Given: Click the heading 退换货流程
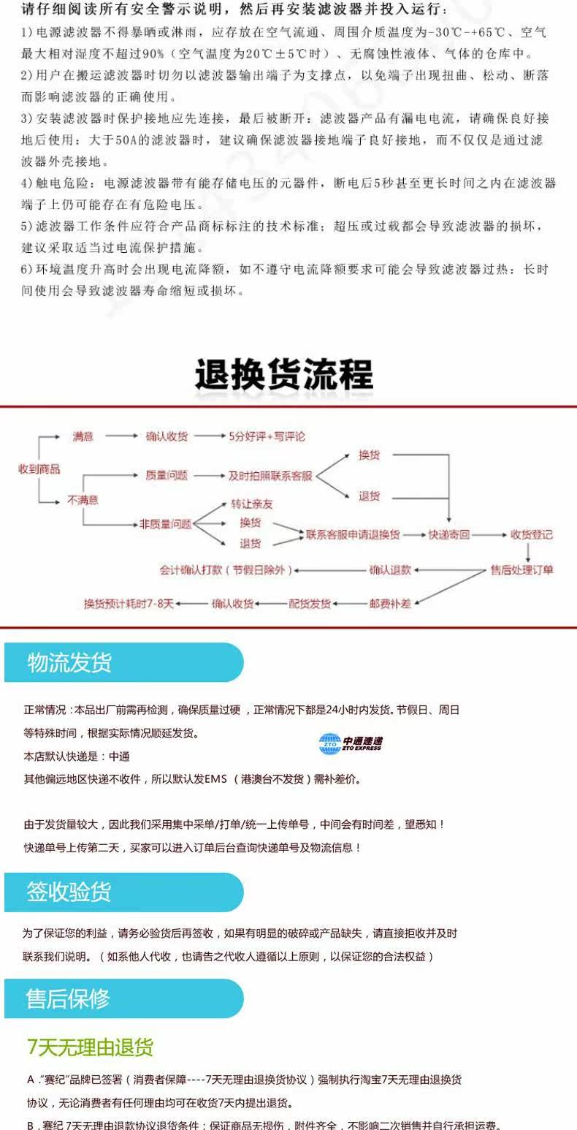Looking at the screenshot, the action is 283,375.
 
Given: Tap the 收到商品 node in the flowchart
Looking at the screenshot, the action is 39,469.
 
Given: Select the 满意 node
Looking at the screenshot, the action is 83,436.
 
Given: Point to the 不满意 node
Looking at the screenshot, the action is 83,500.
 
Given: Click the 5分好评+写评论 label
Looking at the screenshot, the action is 267,436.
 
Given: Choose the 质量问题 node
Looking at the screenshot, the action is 167,475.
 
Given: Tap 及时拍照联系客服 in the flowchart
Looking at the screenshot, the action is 270,476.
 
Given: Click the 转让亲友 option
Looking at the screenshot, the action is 252,504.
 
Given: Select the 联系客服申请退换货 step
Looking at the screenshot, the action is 353,534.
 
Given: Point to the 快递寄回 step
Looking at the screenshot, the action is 448,534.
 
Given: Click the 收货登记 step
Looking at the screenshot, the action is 532,534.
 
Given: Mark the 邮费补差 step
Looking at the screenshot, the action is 390,604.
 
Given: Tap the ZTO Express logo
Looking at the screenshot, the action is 351,743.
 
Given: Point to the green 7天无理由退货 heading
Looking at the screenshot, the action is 91,1047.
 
